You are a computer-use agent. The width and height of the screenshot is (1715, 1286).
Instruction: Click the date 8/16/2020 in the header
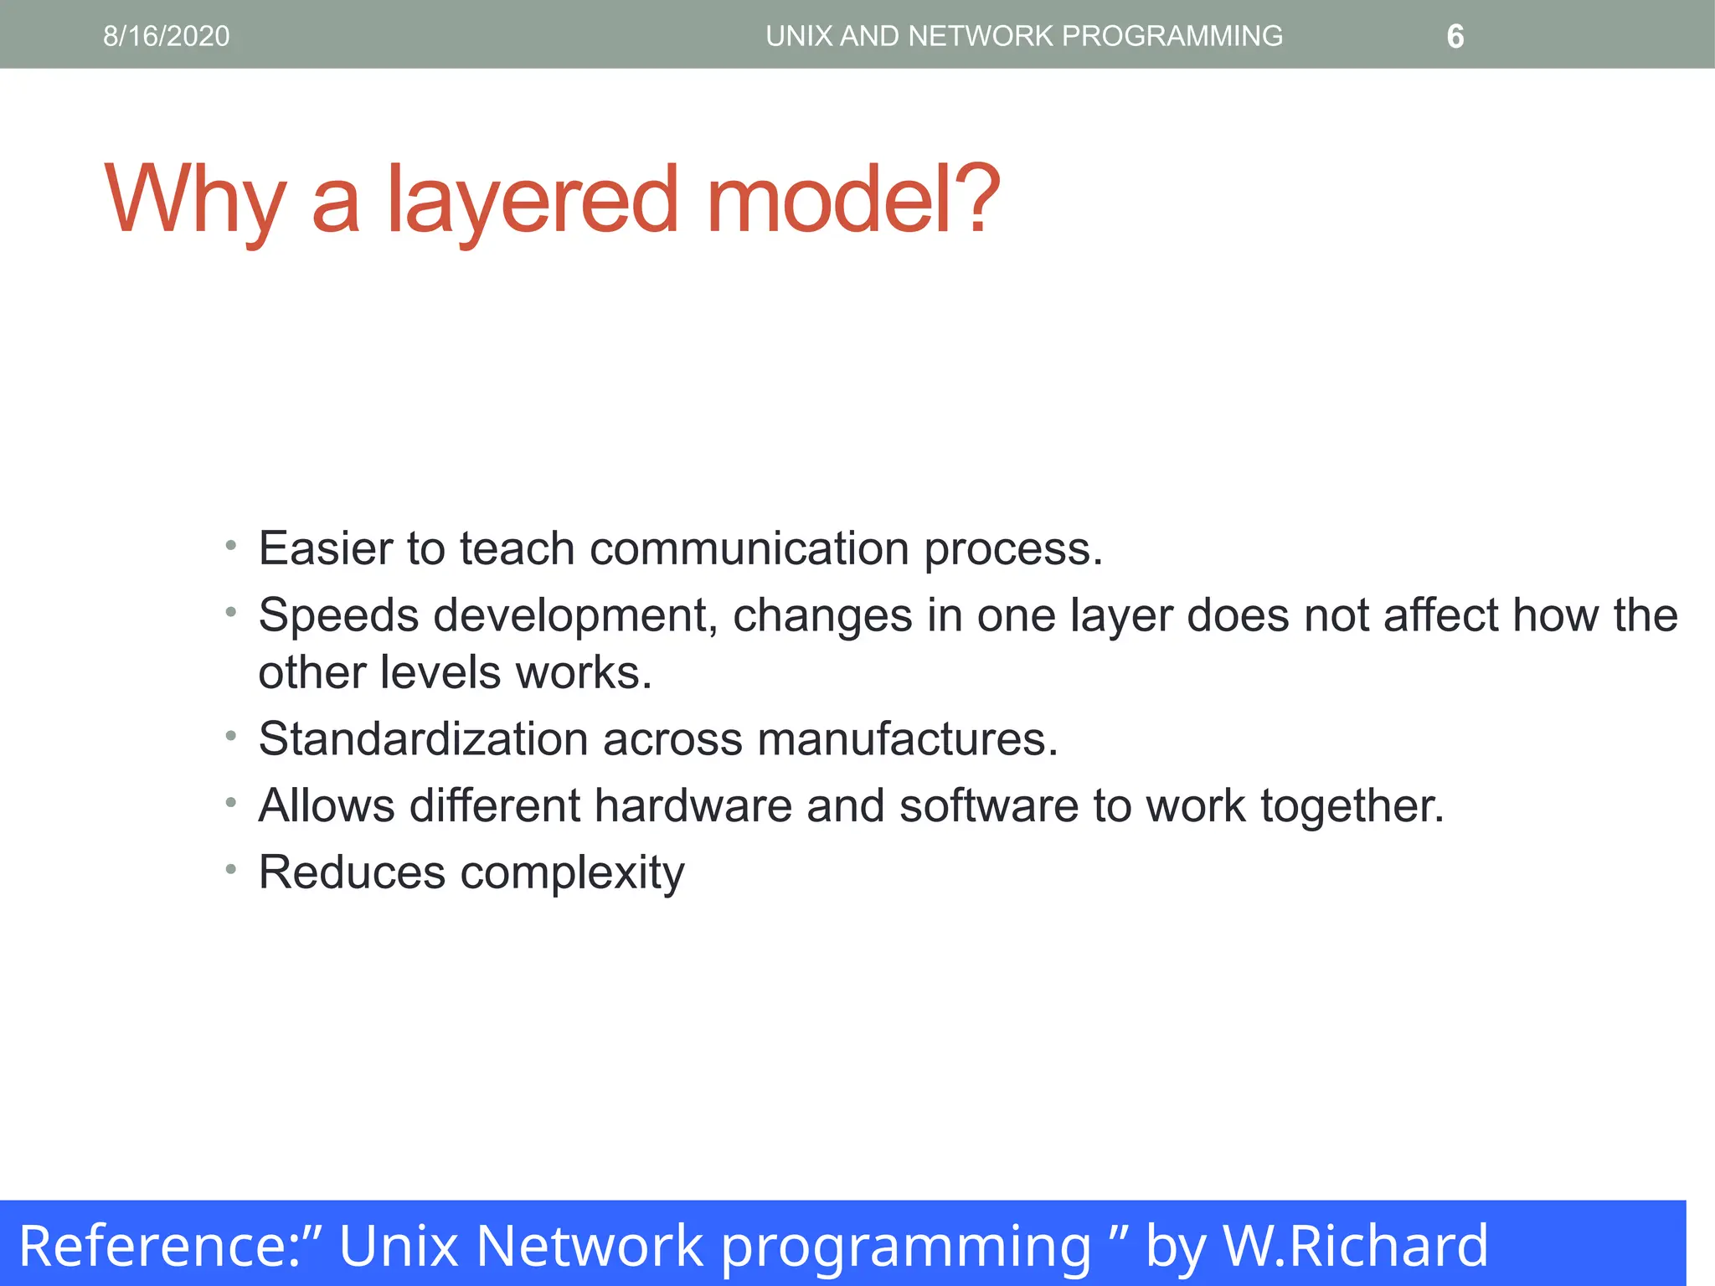(x=166, y=36)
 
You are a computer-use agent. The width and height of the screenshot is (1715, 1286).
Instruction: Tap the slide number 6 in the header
(x=1455, y=37)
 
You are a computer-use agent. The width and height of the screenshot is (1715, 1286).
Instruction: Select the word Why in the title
(x=195, y=201)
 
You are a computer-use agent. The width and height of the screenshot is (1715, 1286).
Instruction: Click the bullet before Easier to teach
(x=231, y=547)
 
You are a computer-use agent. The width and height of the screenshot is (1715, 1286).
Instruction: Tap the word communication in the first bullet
(x=749, y=548)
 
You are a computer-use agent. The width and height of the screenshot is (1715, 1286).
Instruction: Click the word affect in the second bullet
(x=1440, y=615)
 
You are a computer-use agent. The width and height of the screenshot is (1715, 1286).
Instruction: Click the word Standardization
(x=423, y=738)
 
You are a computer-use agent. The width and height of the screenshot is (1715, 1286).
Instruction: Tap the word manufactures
(x=907, y=738)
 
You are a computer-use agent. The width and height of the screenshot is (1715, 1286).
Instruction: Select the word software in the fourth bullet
(x=989, y=805)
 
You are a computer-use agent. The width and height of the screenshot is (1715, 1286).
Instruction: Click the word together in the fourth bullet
(x=1352, y=806)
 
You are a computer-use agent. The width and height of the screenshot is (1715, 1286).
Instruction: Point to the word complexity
(x=572, y=873)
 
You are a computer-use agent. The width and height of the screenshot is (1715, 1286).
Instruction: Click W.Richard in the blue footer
(x=1356, y=1246)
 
